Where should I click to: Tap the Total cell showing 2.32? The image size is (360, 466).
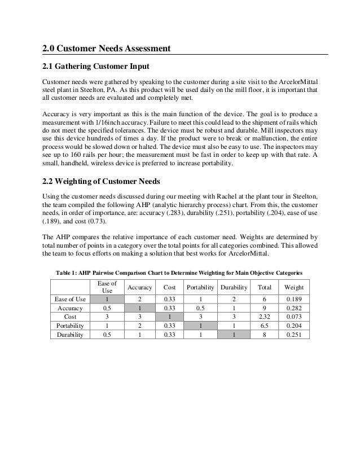pyautogui.click(x=264, y=316)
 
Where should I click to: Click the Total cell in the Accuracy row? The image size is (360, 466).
pyautogui.click(x=264, y=308)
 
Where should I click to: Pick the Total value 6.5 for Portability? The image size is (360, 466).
pyautogui.click(x=264, y=325)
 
